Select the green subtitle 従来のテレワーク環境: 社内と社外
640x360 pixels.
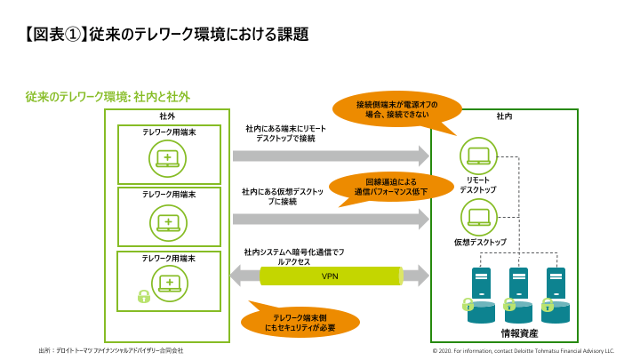point(108,96)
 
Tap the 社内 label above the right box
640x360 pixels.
point(504,116)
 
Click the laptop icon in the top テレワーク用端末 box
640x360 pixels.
point(167,158)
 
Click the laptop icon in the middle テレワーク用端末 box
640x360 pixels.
point(167,220)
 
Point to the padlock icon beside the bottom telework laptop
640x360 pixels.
point(143,295)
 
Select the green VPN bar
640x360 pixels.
point(331,276)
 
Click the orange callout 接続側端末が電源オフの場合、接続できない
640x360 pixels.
point(397,109)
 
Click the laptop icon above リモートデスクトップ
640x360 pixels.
point(478,156)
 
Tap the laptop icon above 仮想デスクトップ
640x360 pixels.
point(478,216)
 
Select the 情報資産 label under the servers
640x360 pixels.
point(518,333)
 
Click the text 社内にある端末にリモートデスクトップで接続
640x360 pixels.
point(286,133)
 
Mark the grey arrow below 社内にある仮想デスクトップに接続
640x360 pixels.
point(329,219)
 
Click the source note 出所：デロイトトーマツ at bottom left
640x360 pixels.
point(110,350)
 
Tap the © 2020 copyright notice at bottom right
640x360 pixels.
point(523,350)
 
